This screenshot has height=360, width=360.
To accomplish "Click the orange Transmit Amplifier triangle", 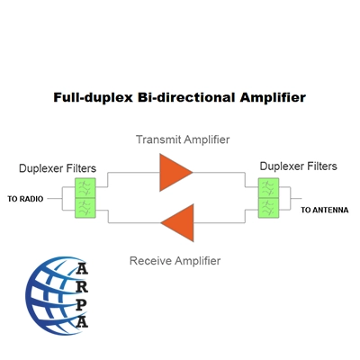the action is point(173,173).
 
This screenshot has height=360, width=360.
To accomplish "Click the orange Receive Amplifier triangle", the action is point(180,222).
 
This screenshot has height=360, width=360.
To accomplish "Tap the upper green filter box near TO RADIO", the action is point(85,188).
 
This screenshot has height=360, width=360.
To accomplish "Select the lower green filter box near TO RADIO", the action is point(85,208).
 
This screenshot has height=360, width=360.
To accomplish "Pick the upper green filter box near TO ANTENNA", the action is point(268,188).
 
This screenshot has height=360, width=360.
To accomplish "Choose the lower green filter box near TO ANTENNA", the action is point(268,208).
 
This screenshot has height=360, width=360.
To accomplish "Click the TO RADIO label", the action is point(25,199).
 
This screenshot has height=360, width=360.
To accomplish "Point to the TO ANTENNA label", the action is point(325,210).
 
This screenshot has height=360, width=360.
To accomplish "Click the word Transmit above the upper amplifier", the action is point(158,139).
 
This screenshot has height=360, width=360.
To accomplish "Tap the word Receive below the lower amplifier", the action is point(151,260).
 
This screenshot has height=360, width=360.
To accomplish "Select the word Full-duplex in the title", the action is point(93,98).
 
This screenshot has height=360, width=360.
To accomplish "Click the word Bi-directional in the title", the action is point(186,97).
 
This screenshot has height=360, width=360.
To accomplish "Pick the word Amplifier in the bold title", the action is point(273,98).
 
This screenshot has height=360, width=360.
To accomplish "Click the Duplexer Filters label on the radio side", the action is point(58,168).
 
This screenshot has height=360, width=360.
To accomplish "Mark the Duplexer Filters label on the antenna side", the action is point(299,166).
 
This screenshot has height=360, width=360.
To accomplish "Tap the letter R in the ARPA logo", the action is point(82,286).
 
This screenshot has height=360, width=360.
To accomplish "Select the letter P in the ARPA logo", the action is point(81,304).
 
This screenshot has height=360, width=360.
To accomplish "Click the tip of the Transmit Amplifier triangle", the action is point(193,173).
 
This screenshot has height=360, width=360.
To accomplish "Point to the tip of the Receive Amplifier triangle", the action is point(161,222).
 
